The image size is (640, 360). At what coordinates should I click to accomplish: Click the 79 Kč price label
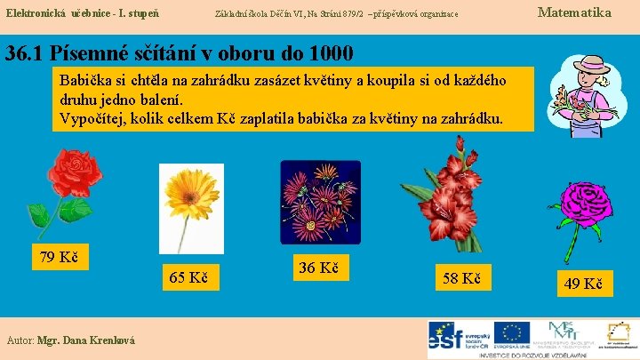pos(60,258)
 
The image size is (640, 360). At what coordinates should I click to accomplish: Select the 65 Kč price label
pos(189,278)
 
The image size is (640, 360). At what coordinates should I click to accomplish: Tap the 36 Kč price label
pos(317,267)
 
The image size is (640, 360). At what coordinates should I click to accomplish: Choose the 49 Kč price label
pos(583,284)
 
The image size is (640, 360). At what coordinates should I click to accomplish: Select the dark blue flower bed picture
pos(320,202)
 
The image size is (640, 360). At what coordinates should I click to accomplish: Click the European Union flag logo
pos(512,334)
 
